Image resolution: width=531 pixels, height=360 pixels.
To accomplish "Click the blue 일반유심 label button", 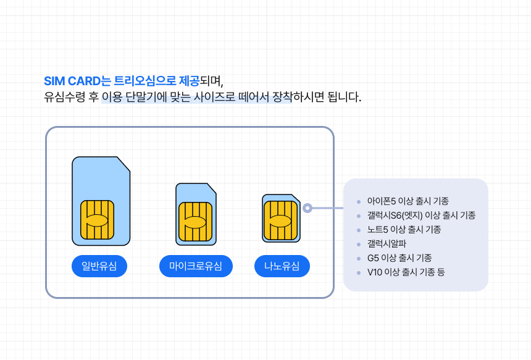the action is pos(99,266).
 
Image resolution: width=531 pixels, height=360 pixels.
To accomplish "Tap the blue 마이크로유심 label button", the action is pos(196,266).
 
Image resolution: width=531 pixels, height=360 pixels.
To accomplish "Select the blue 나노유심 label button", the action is pos(282,266).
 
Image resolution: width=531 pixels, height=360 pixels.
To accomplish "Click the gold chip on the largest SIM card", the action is pos(97,220).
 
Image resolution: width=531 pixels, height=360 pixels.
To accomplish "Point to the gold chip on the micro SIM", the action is pos(195,222).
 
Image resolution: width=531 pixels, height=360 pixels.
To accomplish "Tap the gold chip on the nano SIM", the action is pos(280,220).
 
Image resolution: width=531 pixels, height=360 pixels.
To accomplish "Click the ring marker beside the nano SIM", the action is pos(307,208).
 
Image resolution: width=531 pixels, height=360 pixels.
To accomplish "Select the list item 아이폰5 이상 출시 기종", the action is pos(408,201).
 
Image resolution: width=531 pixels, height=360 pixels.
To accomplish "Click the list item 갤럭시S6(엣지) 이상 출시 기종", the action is pos(421,216).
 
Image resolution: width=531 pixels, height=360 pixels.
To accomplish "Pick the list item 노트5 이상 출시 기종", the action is pos(404,230).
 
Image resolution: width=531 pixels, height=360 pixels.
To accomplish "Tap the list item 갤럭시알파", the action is pos(387,244).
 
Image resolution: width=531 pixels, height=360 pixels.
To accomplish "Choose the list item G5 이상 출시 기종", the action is pos(399,258).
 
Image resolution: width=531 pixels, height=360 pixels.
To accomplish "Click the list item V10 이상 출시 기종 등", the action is pos(406,272).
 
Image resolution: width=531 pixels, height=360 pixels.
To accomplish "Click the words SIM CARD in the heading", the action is pos(72,82).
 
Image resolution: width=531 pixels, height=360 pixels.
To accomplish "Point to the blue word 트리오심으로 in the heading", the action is pos(145,82).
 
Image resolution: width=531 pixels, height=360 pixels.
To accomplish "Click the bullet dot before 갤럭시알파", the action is pos(359,245).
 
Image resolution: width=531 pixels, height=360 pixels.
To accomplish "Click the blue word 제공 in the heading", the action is pos(189,82).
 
